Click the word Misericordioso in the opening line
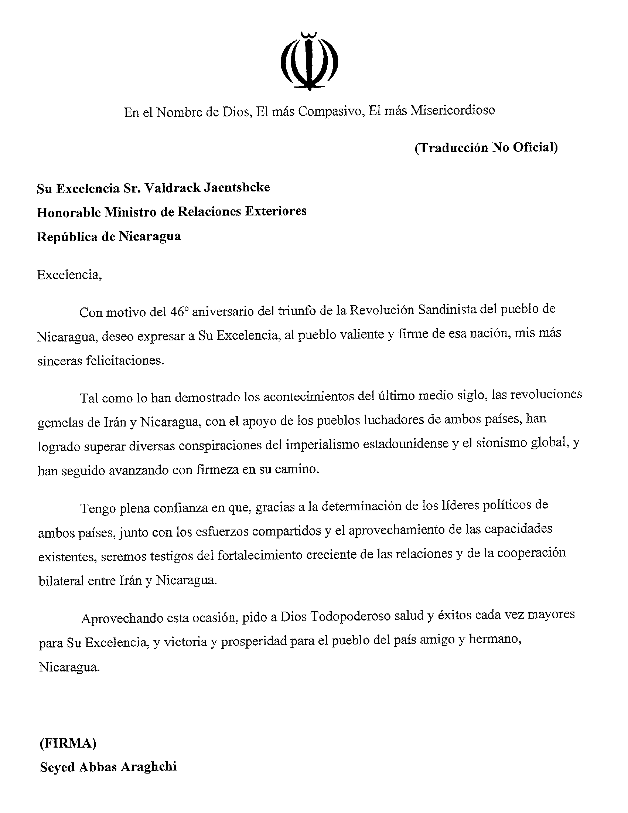453,110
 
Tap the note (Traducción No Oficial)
486,148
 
